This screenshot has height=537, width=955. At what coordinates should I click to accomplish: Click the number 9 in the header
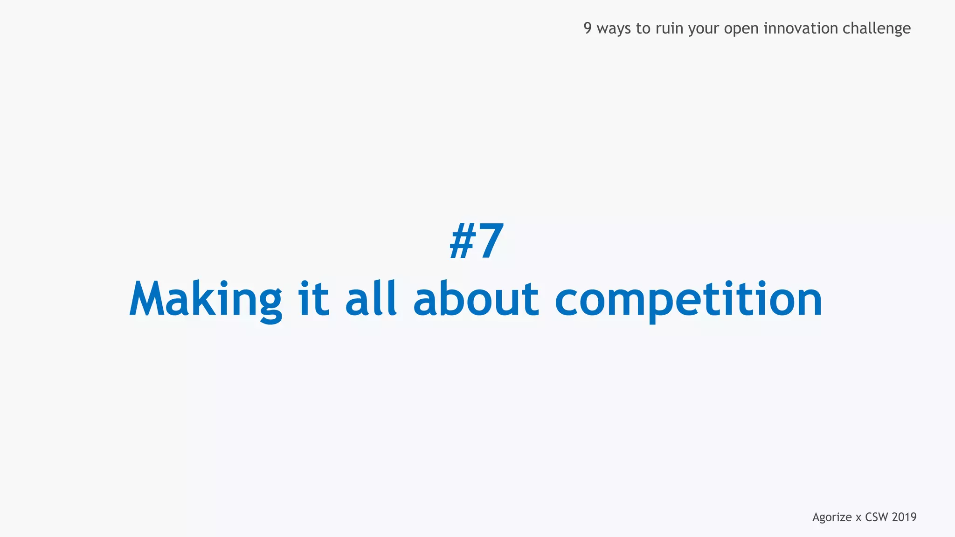click(588, 28)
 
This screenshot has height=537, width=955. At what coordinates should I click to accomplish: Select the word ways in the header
click(614, 28)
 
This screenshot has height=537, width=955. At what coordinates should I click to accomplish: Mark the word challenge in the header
click(877, 29)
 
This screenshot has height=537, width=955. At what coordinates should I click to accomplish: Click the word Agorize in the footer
click(832, 517)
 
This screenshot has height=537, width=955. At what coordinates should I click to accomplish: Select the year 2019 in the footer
click(904, 517)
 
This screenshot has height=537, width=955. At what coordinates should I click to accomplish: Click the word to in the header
click(643, 28)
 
